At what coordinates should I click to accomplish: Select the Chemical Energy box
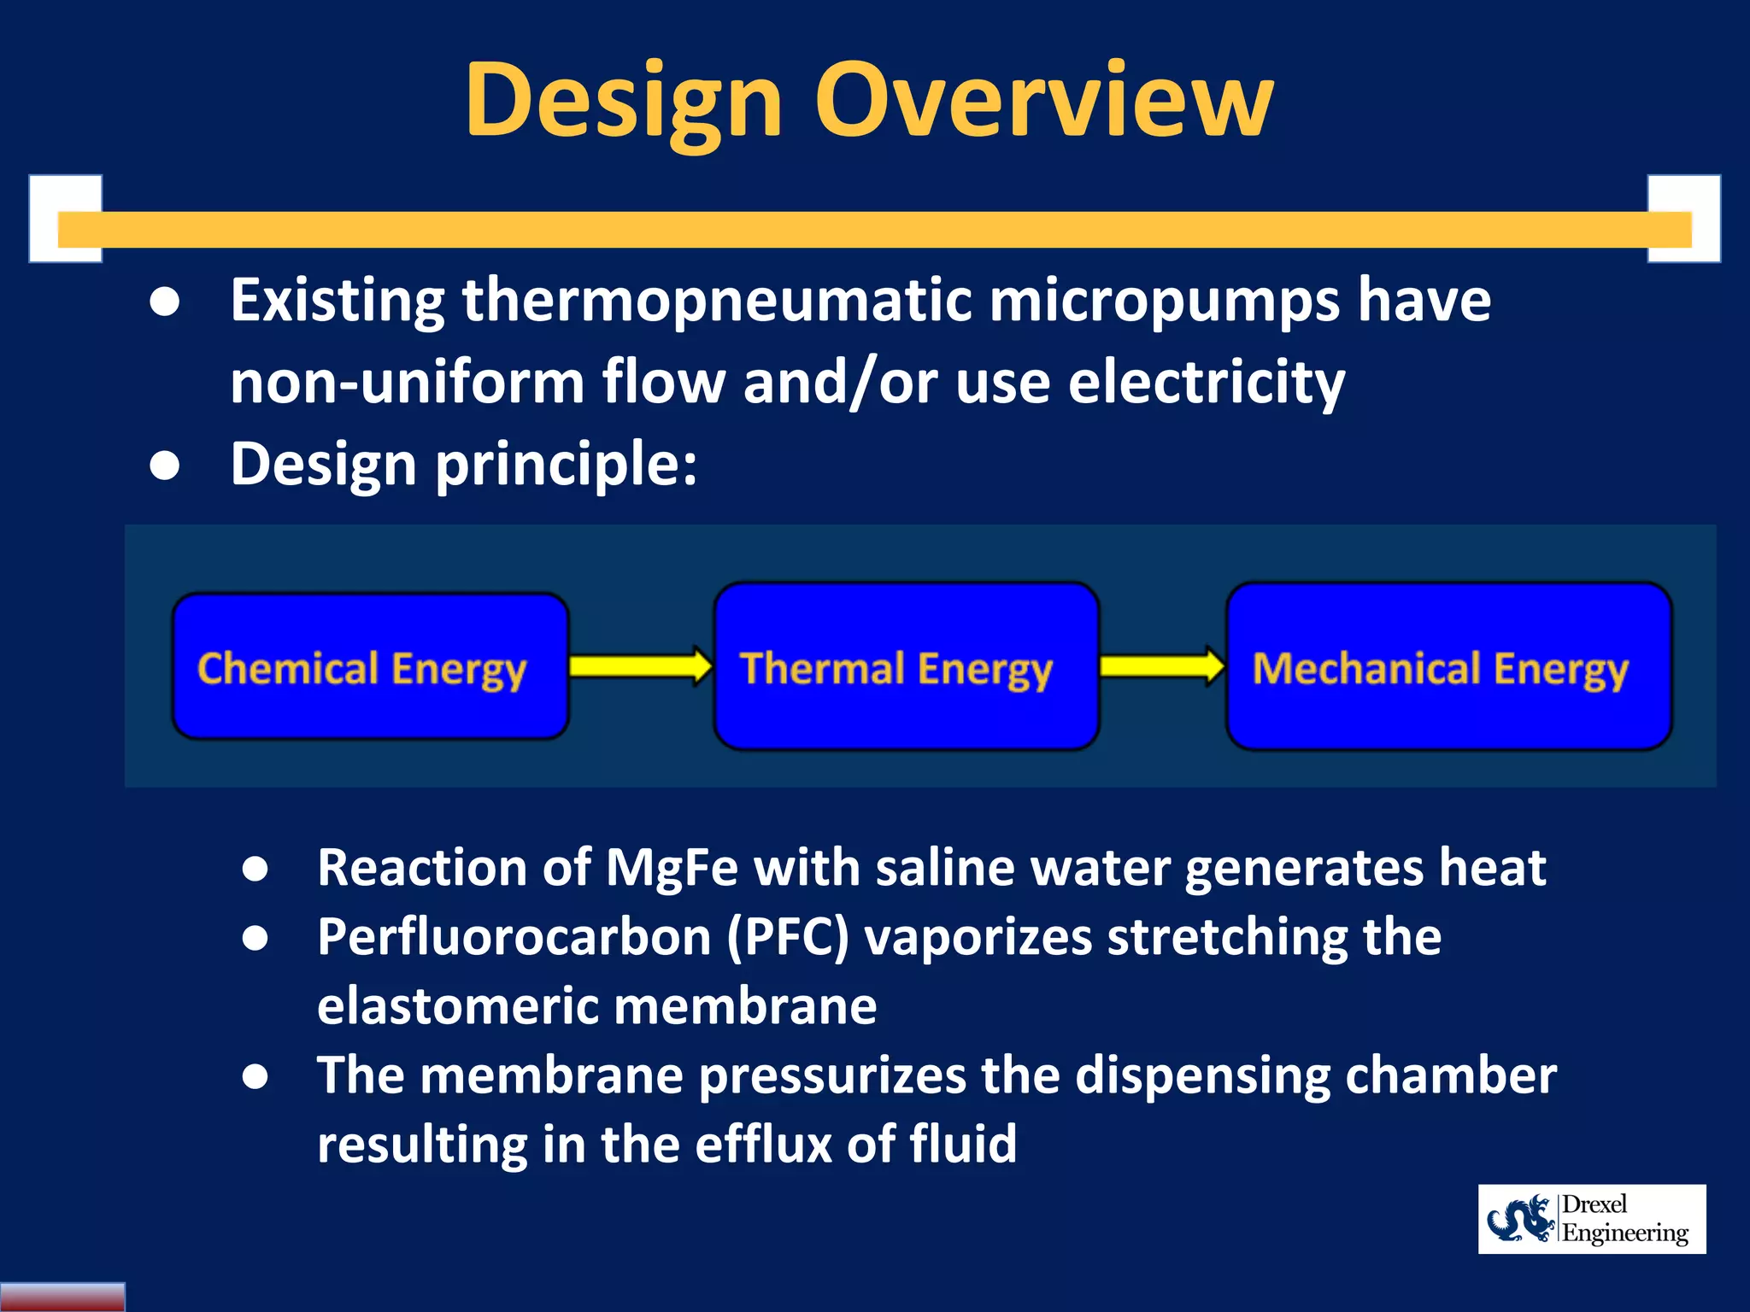point(370,666)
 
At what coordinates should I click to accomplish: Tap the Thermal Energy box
point(906,666)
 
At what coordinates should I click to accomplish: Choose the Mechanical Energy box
point(1448,666)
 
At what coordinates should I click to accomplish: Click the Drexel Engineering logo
point(1591,1219)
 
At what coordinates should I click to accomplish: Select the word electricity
point(1207,382)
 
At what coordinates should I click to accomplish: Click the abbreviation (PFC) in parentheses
point(788,937)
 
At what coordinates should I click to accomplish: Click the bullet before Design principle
point(164,466)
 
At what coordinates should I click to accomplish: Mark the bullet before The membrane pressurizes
point(255,1076)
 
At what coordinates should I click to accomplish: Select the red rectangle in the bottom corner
point(62,1297)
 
